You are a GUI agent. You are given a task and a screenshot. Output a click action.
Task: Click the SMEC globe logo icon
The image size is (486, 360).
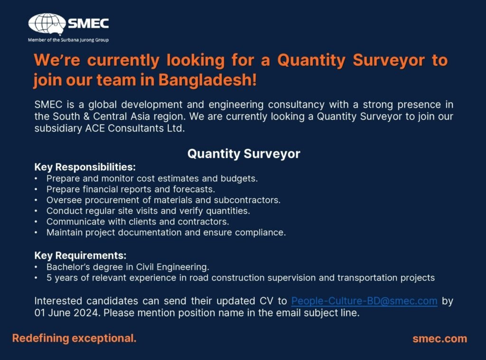(x=47, y=23)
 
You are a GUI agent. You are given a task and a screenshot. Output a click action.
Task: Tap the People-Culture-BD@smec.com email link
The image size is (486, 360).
(x=364, y=301)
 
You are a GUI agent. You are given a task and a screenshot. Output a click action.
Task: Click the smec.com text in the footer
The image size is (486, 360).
(x=440, y=339)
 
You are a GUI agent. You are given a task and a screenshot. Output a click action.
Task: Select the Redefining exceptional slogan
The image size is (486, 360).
(x=75, y=338)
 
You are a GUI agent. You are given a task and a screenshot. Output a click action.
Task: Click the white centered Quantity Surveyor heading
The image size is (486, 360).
(x=243, y=154)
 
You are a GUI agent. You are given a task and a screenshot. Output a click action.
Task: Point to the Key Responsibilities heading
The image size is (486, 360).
(x=85, y=167)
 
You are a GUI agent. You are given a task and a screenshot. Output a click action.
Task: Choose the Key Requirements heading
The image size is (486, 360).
(x=80, y=256)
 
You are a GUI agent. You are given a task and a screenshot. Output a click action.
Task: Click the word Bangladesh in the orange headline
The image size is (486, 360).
(x=207, y=80)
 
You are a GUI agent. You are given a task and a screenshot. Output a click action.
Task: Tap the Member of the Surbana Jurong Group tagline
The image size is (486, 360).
(x=68, y=40)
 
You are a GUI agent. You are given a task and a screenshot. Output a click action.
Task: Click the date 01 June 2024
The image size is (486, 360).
(x=67, y=313)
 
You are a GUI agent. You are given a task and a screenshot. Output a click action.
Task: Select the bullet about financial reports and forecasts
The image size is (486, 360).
(x=131, y=189)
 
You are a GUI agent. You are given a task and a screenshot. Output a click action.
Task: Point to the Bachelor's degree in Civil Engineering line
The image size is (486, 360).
(x=128, y=267)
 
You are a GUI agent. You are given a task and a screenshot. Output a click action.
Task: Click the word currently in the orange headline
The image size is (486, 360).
(x=123, y=61)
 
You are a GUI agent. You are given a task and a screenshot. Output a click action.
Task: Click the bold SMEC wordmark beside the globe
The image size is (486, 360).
(x=88, y=24)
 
